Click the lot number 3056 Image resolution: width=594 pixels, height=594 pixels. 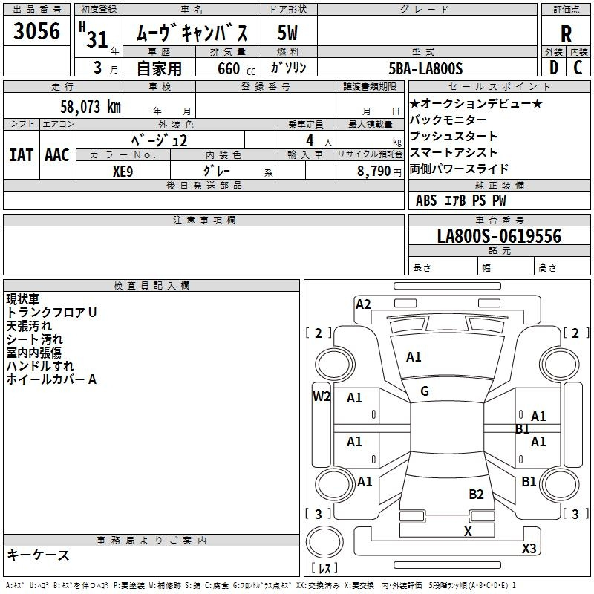tap(36, 31)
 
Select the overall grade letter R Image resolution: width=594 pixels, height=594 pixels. tap(566, 34)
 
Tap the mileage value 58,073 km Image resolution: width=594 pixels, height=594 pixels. tap(91, 107)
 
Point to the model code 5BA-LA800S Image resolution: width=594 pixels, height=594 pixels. tap(425, 68)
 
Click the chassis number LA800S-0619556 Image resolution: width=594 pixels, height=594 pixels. tap(499, 236)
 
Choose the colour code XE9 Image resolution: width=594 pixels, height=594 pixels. tap(123, 172)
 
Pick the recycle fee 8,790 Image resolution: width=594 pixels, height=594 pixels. tap(373, 172)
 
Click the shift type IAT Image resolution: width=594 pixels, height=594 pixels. tap(22, 155)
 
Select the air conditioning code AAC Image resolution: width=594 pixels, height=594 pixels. tap(57, 155)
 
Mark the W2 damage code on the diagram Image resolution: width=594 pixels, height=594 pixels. tap(322, 396)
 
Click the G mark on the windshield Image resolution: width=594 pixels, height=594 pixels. tap(425, 391)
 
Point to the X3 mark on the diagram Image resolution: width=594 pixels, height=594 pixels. tap(529, 548)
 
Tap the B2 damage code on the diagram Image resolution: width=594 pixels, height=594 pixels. tap(476, 495)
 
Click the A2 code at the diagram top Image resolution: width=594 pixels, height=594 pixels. tap(363, 304)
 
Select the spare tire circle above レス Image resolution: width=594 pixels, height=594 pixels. tap(324, 541)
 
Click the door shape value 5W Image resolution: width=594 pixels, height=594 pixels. tap(287, 33)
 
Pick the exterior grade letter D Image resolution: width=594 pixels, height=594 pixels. tap(554, 68)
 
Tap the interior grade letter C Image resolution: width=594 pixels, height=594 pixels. tap(578, 68)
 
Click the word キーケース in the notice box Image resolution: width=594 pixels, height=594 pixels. tap(39, 555)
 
